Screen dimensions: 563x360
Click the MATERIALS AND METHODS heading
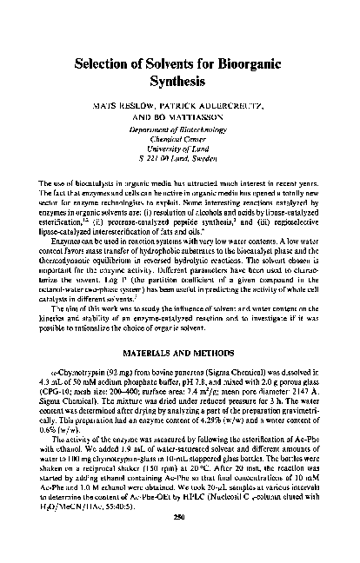(180, 357)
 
